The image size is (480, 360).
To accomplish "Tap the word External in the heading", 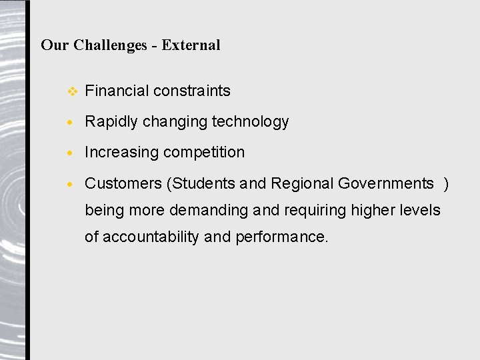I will pyautogui.click(x=191, y=45).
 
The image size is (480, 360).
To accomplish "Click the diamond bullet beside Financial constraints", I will pyautogui.click(x=73, y=91).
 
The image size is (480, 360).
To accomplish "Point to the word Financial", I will pyautogui.click(x=117, y=91).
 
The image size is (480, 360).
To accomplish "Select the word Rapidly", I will pyautogui.click(x=111, y=122).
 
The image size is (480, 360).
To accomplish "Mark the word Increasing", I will pyautogui.click(x=122, y=153).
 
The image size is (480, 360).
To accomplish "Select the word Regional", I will pyautogui.click(x=302, y=183).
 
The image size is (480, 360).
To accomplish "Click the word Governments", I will pyautogui.click(x=386, y=183).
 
